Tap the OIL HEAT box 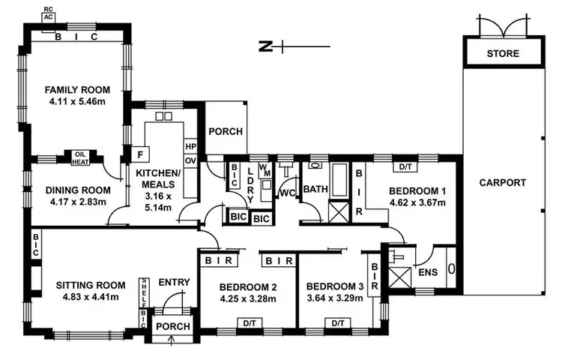click(x=80, y=157)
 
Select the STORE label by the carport click(x=502, y=54)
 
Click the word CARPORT click(x=502, y=182)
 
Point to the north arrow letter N click(x=264, y=47)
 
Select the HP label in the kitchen click(x=190, y=146)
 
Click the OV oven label click(x=190, y=160)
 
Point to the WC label click(x=285, y=192)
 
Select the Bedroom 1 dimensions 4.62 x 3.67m click(x=417, y=202)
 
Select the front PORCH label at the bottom click(x=172, y=327)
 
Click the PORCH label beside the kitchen click(x=226, y=131)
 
